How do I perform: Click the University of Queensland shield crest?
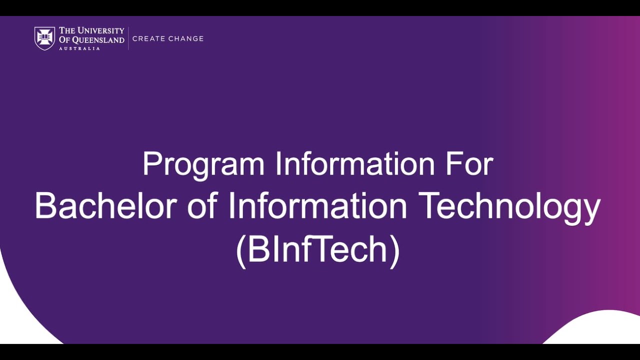(x=44, y=38)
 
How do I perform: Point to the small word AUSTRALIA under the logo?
(x=79, y=48)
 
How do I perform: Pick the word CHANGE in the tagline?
(x=186, y=38)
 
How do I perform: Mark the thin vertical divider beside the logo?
(x=128, y=38)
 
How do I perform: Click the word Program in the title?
(x=203, y=164)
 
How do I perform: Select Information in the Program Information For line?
(x=355, y=164)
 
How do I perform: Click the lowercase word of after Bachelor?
(x=202, y=206)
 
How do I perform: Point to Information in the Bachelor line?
(x=317, y=206)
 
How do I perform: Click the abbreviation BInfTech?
(x=318, y=249)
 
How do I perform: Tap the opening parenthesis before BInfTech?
(x=240, y=250)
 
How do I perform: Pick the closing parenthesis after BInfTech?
(x=395, y=250)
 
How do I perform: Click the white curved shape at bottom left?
(x=20, y=320)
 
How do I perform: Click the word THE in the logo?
(x=67, y=31)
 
